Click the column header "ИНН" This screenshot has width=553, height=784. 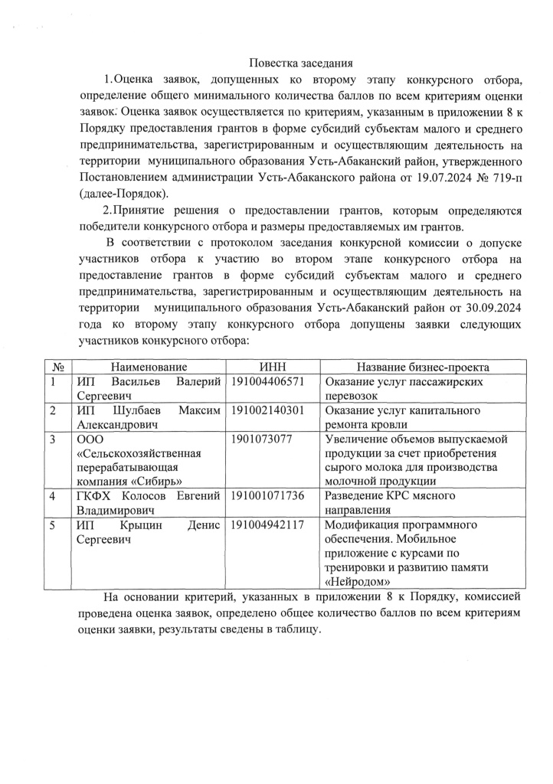273,367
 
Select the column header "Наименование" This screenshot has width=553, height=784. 149,367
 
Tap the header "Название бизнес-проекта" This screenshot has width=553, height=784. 417,367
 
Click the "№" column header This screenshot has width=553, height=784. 56,367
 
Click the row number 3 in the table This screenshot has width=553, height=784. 52,439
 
